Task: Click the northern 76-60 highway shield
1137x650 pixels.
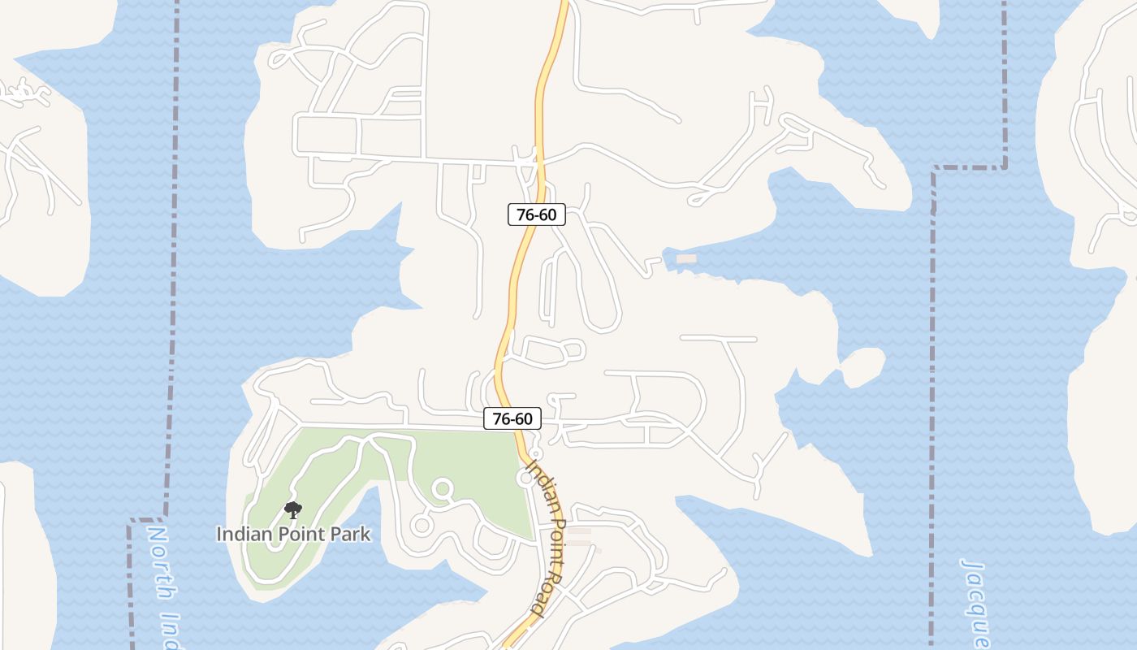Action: pyautogui.click(x=536, y=214)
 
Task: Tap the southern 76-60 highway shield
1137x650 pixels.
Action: pyautogui.click(x=512, y=418)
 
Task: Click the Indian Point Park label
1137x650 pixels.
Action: pyautogui.click(x=293, y=534)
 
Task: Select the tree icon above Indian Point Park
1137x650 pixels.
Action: pyautogui.click(x=293, y=510)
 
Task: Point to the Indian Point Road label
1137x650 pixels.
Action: pyautogui.click(x=546, y=536)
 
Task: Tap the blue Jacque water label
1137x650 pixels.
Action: pyautogui.click(x=975, y=601)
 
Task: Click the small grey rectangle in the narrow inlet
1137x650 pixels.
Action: pyautogui.click(x=686, y=258)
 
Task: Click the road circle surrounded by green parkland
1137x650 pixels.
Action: pyautogui.click(x=442, y=489)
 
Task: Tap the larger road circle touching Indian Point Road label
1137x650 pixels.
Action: pyautogui.click(x=526, y=479)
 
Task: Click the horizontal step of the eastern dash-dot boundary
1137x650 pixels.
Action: pyautogui.click(x=969, y=168)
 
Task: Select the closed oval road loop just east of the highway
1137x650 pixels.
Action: pyautogui.click(x=554, y=351)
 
